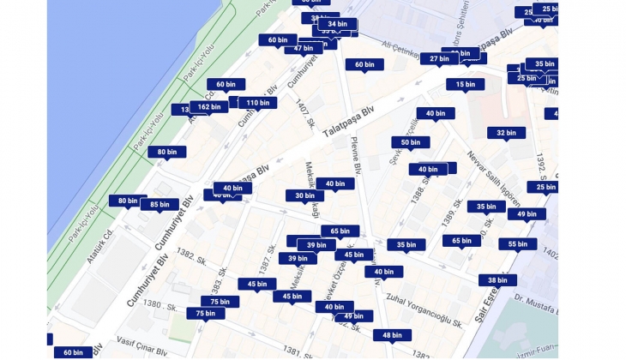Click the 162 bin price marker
[x=208, y=107]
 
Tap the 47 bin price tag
[x=303, y=48]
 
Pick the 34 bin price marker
[x=337, y=25]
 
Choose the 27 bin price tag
[x=439, y=59]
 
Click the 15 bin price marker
[x=465, y=84]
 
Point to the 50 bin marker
[x=410, y=142]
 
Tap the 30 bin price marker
[x=304, y=195]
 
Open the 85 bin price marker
[x=159, y=205]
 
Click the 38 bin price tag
[x=497, y=280]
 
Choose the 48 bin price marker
[x=392, y=335]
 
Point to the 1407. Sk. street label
[x=304, y=113]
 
